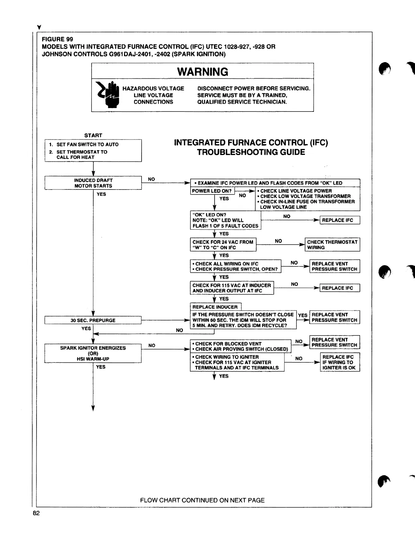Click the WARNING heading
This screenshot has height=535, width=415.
point(202,72)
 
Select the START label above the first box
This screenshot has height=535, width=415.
point(93,135)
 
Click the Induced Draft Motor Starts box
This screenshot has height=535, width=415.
point(93,183)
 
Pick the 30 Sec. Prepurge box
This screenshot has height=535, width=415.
point(93,320)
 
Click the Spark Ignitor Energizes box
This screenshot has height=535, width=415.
point(93,353)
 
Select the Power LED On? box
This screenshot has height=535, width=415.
point(212,191)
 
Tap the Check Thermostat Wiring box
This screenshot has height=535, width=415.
point(332,245)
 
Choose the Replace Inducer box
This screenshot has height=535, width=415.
point(215,307)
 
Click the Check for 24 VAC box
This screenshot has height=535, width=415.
point(223,245)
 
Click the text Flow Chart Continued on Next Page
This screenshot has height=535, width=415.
point(202,500)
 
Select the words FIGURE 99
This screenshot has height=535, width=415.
point(57,39)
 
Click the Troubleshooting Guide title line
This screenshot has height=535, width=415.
point(251,152)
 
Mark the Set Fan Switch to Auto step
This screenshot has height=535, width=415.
point(87,144)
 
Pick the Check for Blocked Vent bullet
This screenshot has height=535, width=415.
point(228,343)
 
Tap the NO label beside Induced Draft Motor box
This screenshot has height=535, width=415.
point(152,179)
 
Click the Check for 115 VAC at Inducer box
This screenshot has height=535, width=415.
point(231,288)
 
